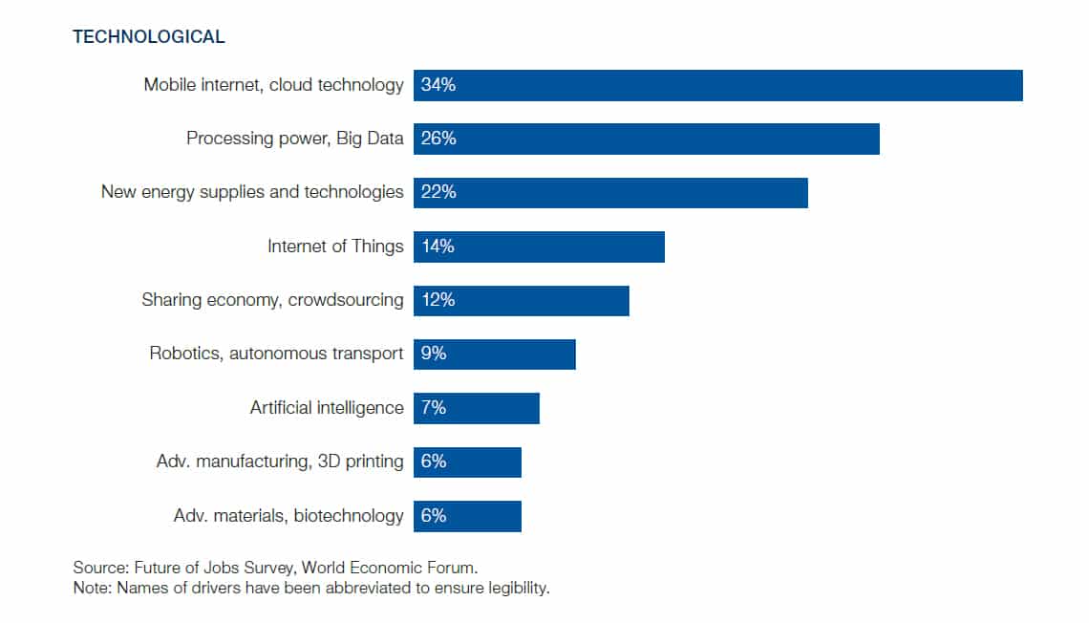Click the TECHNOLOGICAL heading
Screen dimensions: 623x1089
[x=149, y=37]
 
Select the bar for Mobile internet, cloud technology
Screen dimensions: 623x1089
[x=717, y=85]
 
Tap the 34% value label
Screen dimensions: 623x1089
[x=438, y=85]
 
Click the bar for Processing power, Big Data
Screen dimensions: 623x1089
[x=646, y=139]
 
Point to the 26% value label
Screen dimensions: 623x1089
[x=438, y=139]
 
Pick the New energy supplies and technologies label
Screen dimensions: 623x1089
[x=252, y=192]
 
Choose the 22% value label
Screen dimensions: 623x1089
[x=438, y=192]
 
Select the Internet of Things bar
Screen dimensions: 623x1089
[x=539, y=247]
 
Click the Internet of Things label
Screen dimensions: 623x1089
[x=335, y=247]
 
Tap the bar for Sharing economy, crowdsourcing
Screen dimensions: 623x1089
[x=521, y=300]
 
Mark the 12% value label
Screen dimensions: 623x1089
[x=438, y=300]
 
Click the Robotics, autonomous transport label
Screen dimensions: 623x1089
[x=276, y=354]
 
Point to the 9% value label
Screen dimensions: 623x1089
[x=434, y=354]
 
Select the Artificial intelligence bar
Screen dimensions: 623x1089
[x=476, y=408]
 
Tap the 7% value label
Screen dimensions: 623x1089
[x=434, y=408]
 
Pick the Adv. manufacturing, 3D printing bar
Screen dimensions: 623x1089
[x=467, y=462]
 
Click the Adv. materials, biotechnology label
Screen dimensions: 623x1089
[x=288, y=516]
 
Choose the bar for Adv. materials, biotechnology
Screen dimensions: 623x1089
[x=467, y=516]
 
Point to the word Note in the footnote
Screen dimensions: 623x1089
[x=91, y=588]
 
